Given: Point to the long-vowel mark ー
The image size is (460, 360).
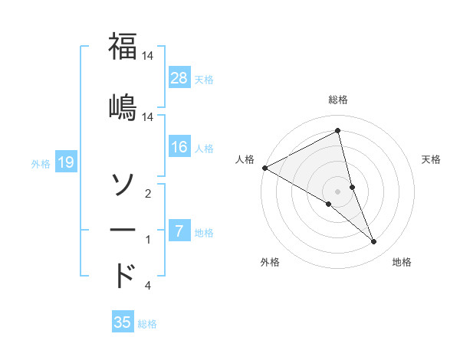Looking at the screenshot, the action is (x=123, y=230).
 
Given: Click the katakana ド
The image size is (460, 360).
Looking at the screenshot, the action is (x=123, y=276).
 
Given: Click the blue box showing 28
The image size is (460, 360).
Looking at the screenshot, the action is (x=179, y=77).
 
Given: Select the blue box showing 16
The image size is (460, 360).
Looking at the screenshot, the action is (x=179, y=147).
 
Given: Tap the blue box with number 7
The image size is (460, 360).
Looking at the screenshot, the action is (x=179, y=231).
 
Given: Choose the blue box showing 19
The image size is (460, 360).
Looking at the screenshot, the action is (x=65, y=162).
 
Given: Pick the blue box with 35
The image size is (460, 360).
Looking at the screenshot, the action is (x=123, y=322).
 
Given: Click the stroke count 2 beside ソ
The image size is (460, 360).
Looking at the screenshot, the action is (x=148, y=194).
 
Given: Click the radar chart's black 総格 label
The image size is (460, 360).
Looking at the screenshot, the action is (x=338, y=100).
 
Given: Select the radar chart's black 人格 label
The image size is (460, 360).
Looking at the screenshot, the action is (x=245, y=159).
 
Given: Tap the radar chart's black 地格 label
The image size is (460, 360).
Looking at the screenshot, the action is (x=402, y=262).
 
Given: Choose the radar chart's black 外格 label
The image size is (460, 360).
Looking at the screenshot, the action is (x=270, y=262).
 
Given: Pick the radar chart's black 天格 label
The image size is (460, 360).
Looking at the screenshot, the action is (x=432, y=159).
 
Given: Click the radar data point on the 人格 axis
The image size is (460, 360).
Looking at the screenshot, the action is (x=264, y=168).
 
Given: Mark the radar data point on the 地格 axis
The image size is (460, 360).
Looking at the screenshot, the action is (x=374, y=241).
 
